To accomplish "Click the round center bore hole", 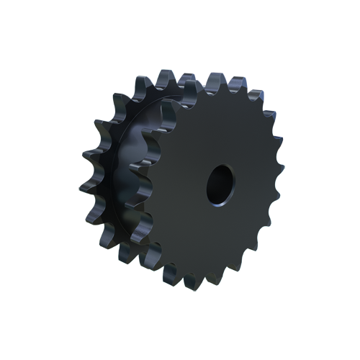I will point(220,184).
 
